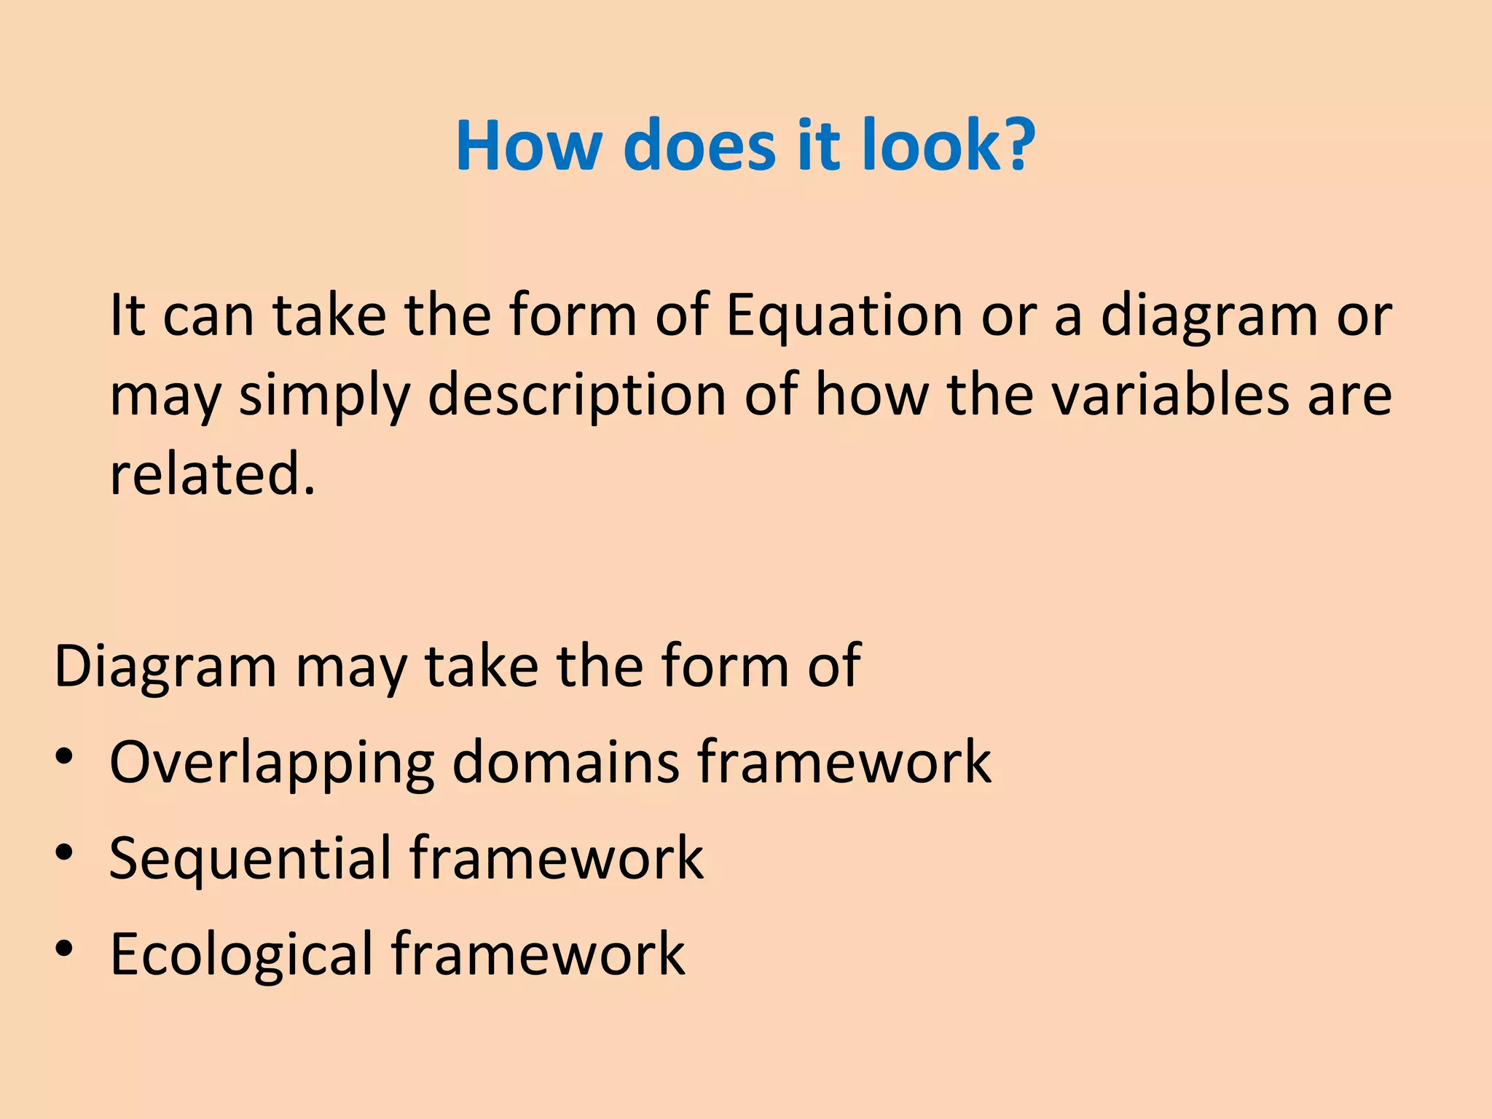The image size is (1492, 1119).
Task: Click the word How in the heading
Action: (528, 146)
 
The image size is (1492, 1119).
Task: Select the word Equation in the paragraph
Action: (844, 317)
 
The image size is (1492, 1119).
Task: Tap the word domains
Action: (565, 762)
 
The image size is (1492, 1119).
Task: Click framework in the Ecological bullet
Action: (538, 954)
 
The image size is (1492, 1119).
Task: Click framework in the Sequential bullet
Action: (557, 858)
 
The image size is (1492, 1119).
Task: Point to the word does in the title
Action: (700, 146)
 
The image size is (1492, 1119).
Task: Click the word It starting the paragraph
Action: (127, 317)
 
